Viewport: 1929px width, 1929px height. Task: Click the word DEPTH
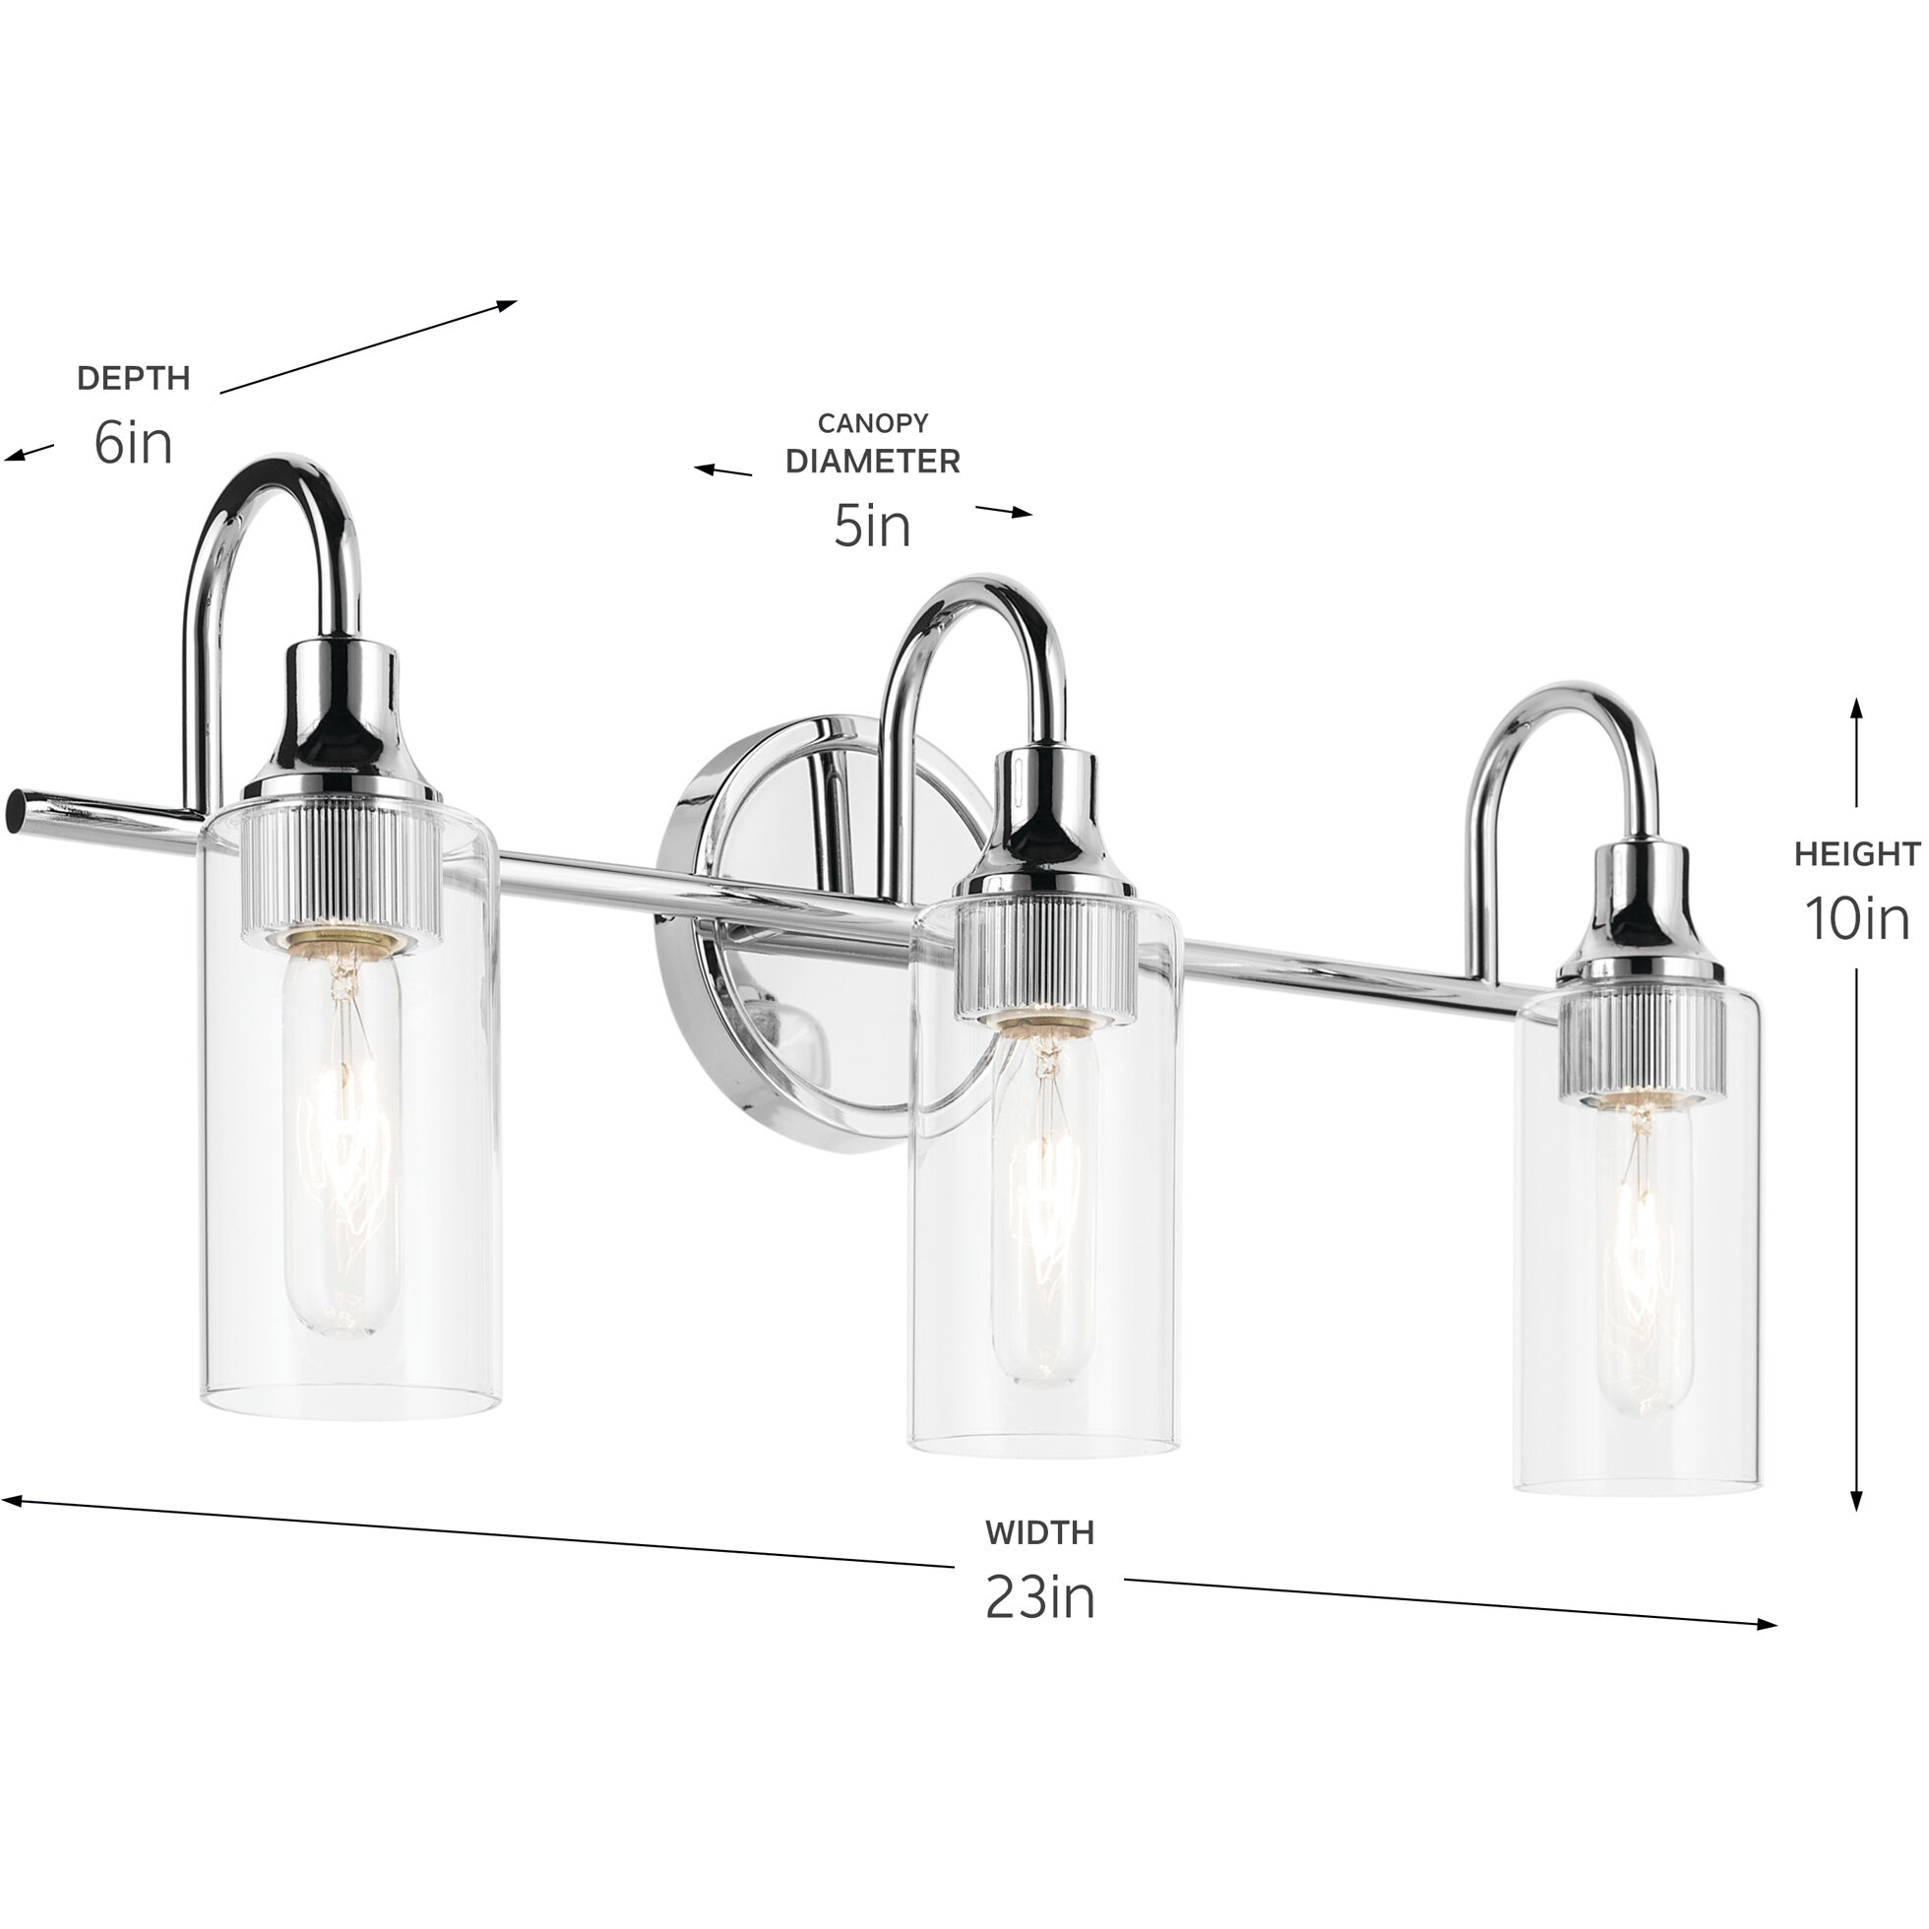coord(133,378)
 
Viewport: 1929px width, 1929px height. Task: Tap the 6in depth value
coord(133,441)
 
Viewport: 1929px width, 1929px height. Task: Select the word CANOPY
coord(873,423)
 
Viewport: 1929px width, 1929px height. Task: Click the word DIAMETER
coord(873,462)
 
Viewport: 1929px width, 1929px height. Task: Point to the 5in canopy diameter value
coord(873,526)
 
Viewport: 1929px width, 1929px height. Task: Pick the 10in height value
coord(1857,917)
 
